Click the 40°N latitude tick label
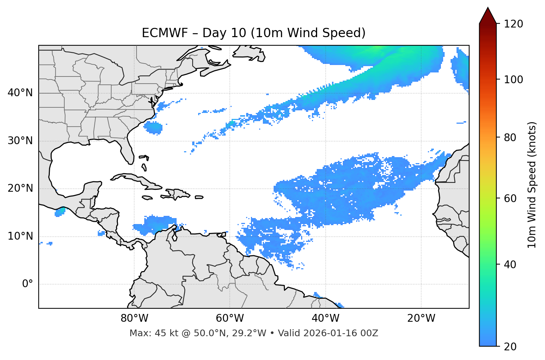click(20, 93)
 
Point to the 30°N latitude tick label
click(20, 141)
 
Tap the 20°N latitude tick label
click(20, 188)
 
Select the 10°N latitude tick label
click(20, 236)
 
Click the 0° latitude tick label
click(28, 284)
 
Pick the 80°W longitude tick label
click(134, 318)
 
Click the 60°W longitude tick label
click(230, 318)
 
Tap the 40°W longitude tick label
click(325, 318)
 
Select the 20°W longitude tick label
click(421, 318)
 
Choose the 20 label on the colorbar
click(510, 346)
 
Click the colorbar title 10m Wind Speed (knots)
click(532, 185)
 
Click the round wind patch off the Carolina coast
click(153, 128)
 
